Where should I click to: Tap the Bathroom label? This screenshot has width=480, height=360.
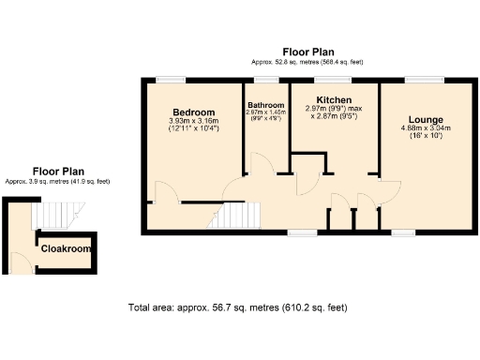(265, 106)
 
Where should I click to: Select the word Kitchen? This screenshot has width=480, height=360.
(333, 99)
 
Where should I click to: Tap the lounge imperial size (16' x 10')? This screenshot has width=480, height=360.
(425, 137)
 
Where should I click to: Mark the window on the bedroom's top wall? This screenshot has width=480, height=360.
(171, 79)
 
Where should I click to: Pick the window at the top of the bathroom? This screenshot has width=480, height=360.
(266, 79)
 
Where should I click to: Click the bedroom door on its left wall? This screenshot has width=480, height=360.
(165, 192)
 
